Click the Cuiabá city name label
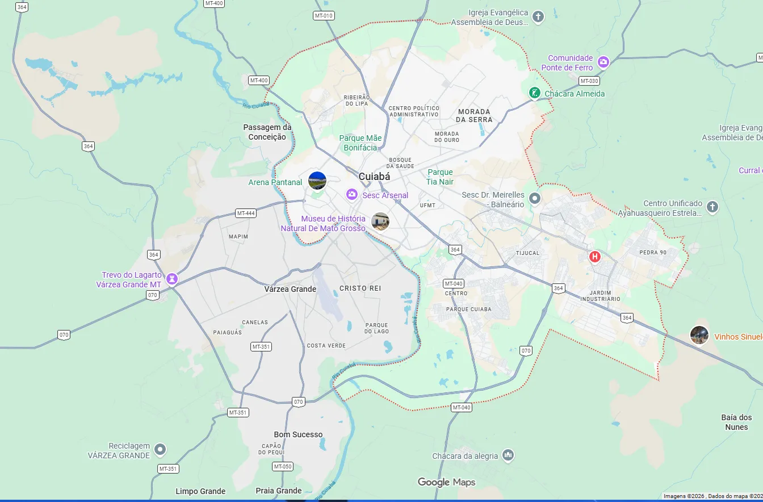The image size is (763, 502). [374, 177]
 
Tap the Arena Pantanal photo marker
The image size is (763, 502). [317, 181]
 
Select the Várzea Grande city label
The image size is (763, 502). [290, 289]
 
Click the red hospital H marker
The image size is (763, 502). [594, 257]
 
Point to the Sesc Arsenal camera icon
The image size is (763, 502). [352, 195]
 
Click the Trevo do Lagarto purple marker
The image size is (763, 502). [172, 279]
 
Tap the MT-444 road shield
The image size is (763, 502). [246, 214]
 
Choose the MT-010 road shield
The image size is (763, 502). [324, 15]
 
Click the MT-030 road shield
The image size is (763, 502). [590, 81]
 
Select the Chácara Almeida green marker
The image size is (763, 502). [534, 93]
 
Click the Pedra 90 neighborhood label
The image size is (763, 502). [652, 253]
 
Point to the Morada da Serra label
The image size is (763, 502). [474, 115]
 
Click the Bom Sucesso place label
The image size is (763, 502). [298, 434]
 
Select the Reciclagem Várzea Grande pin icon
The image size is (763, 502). [161, 450]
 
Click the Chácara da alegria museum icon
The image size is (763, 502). [508, 455]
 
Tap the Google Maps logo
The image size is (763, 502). [446, 482]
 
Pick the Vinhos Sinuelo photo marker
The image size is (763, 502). [699, 335]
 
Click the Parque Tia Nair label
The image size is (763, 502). [440, 177]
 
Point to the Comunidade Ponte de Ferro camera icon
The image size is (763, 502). [603, 62]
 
